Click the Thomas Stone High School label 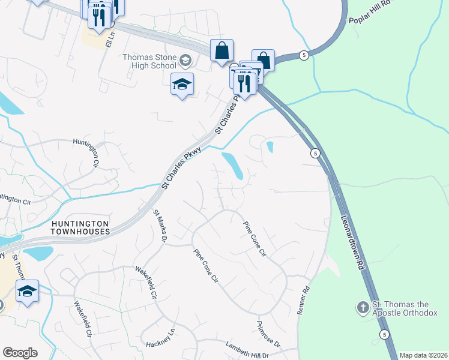[149, 61]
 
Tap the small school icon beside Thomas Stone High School [185, 60]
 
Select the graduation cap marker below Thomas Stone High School [182, 84]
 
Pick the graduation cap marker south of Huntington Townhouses [27, 291]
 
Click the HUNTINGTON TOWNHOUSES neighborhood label [80, 227]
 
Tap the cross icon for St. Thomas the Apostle [362, 308]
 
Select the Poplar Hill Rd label [369, 11]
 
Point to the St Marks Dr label [159, 225]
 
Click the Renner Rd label [306, 298]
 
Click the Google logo [20, 353]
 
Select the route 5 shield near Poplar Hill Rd [304, 55]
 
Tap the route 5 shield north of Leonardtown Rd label [315, 154]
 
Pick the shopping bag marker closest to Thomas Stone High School [221, 50]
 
